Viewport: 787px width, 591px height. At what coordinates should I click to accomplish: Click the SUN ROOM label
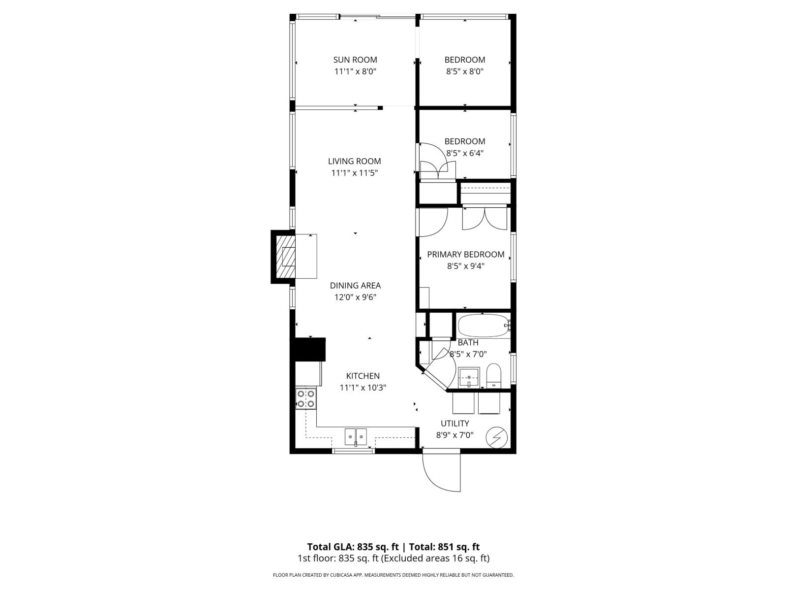(x=355, y=60)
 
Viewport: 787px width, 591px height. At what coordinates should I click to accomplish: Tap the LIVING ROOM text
(x=354, y=161)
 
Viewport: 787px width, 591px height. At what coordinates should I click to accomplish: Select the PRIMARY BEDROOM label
(x=465, y=254)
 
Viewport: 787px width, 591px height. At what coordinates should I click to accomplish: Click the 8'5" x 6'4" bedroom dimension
(x=465, y=153)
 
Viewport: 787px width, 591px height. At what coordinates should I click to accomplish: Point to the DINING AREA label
(x=355, y=285)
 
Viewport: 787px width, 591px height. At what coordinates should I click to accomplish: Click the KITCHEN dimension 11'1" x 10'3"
(x=363, y=388)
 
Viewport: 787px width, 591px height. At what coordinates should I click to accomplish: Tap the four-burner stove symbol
(x=305, y=398)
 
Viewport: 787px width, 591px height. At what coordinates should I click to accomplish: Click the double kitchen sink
(x=356, y=436)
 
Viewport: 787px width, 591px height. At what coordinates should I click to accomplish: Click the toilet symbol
(x=493, y=376)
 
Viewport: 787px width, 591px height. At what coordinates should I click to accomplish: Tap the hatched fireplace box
(x=286, y=256)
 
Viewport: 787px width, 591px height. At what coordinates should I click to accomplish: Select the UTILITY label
(x=454, y=423)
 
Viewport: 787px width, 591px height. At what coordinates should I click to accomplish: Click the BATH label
(x=468, y=342)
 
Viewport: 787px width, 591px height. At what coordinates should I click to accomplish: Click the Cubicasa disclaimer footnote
(x=393, y=575)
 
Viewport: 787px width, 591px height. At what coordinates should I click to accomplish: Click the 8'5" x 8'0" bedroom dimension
(x=465, y=71)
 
